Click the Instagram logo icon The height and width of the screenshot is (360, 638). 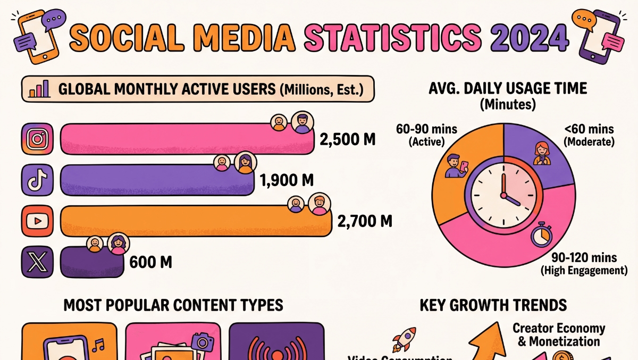37,139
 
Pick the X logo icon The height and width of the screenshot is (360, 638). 37,262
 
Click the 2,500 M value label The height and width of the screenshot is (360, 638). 347,140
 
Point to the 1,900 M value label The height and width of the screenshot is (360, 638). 286,181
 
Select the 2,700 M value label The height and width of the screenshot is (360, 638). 365,221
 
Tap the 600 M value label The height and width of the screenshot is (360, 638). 151,262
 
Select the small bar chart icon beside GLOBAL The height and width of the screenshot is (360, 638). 39,89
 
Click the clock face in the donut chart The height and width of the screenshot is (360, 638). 503,194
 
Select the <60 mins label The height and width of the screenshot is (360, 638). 589,129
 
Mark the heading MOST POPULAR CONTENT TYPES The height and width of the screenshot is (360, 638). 173,305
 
